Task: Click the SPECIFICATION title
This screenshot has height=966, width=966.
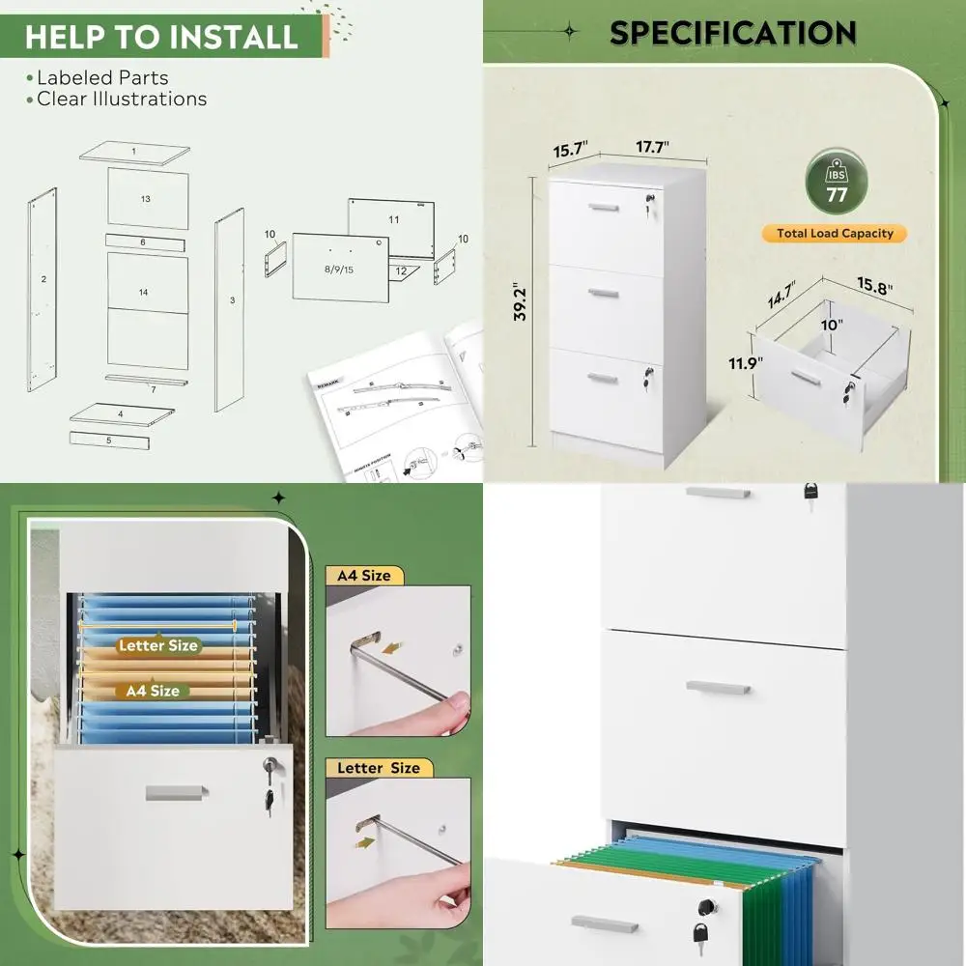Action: [x=732, y=33]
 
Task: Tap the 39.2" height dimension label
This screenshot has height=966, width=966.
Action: [x=520, y=302]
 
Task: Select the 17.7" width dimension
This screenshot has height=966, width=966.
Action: [x=652, y=147]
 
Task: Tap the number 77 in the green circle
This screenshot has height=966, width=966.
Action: [x=837, y=192]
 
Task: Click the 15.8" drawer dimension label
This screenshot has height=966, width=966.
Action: [x=872, y=288]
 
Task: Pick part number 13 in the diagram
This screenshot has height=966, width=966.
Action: [x=146, y=199]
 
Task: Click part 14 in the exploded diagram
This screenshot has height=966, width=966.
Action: [x=143, y=292]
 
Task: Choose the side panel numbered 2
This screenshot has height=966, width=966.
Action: [x=43, y=279]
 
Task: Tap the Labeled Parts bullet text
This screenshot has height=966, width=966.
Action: [x=102, y=77]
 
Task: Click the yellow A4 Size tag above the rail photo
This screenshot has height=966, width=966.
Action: [x=363, y=576]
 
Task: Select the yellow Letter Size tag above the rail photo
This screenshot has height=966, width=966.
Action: [x=378, y=768]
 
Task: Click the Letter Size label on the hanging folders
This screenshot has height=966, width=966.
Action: [x=157, y=645]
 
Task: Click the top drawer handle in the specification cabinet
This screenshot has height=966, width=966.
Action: [x=604, y=207]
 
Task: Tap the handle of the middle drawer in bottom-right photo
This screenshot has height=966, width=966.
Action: [x=718, y=687]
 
